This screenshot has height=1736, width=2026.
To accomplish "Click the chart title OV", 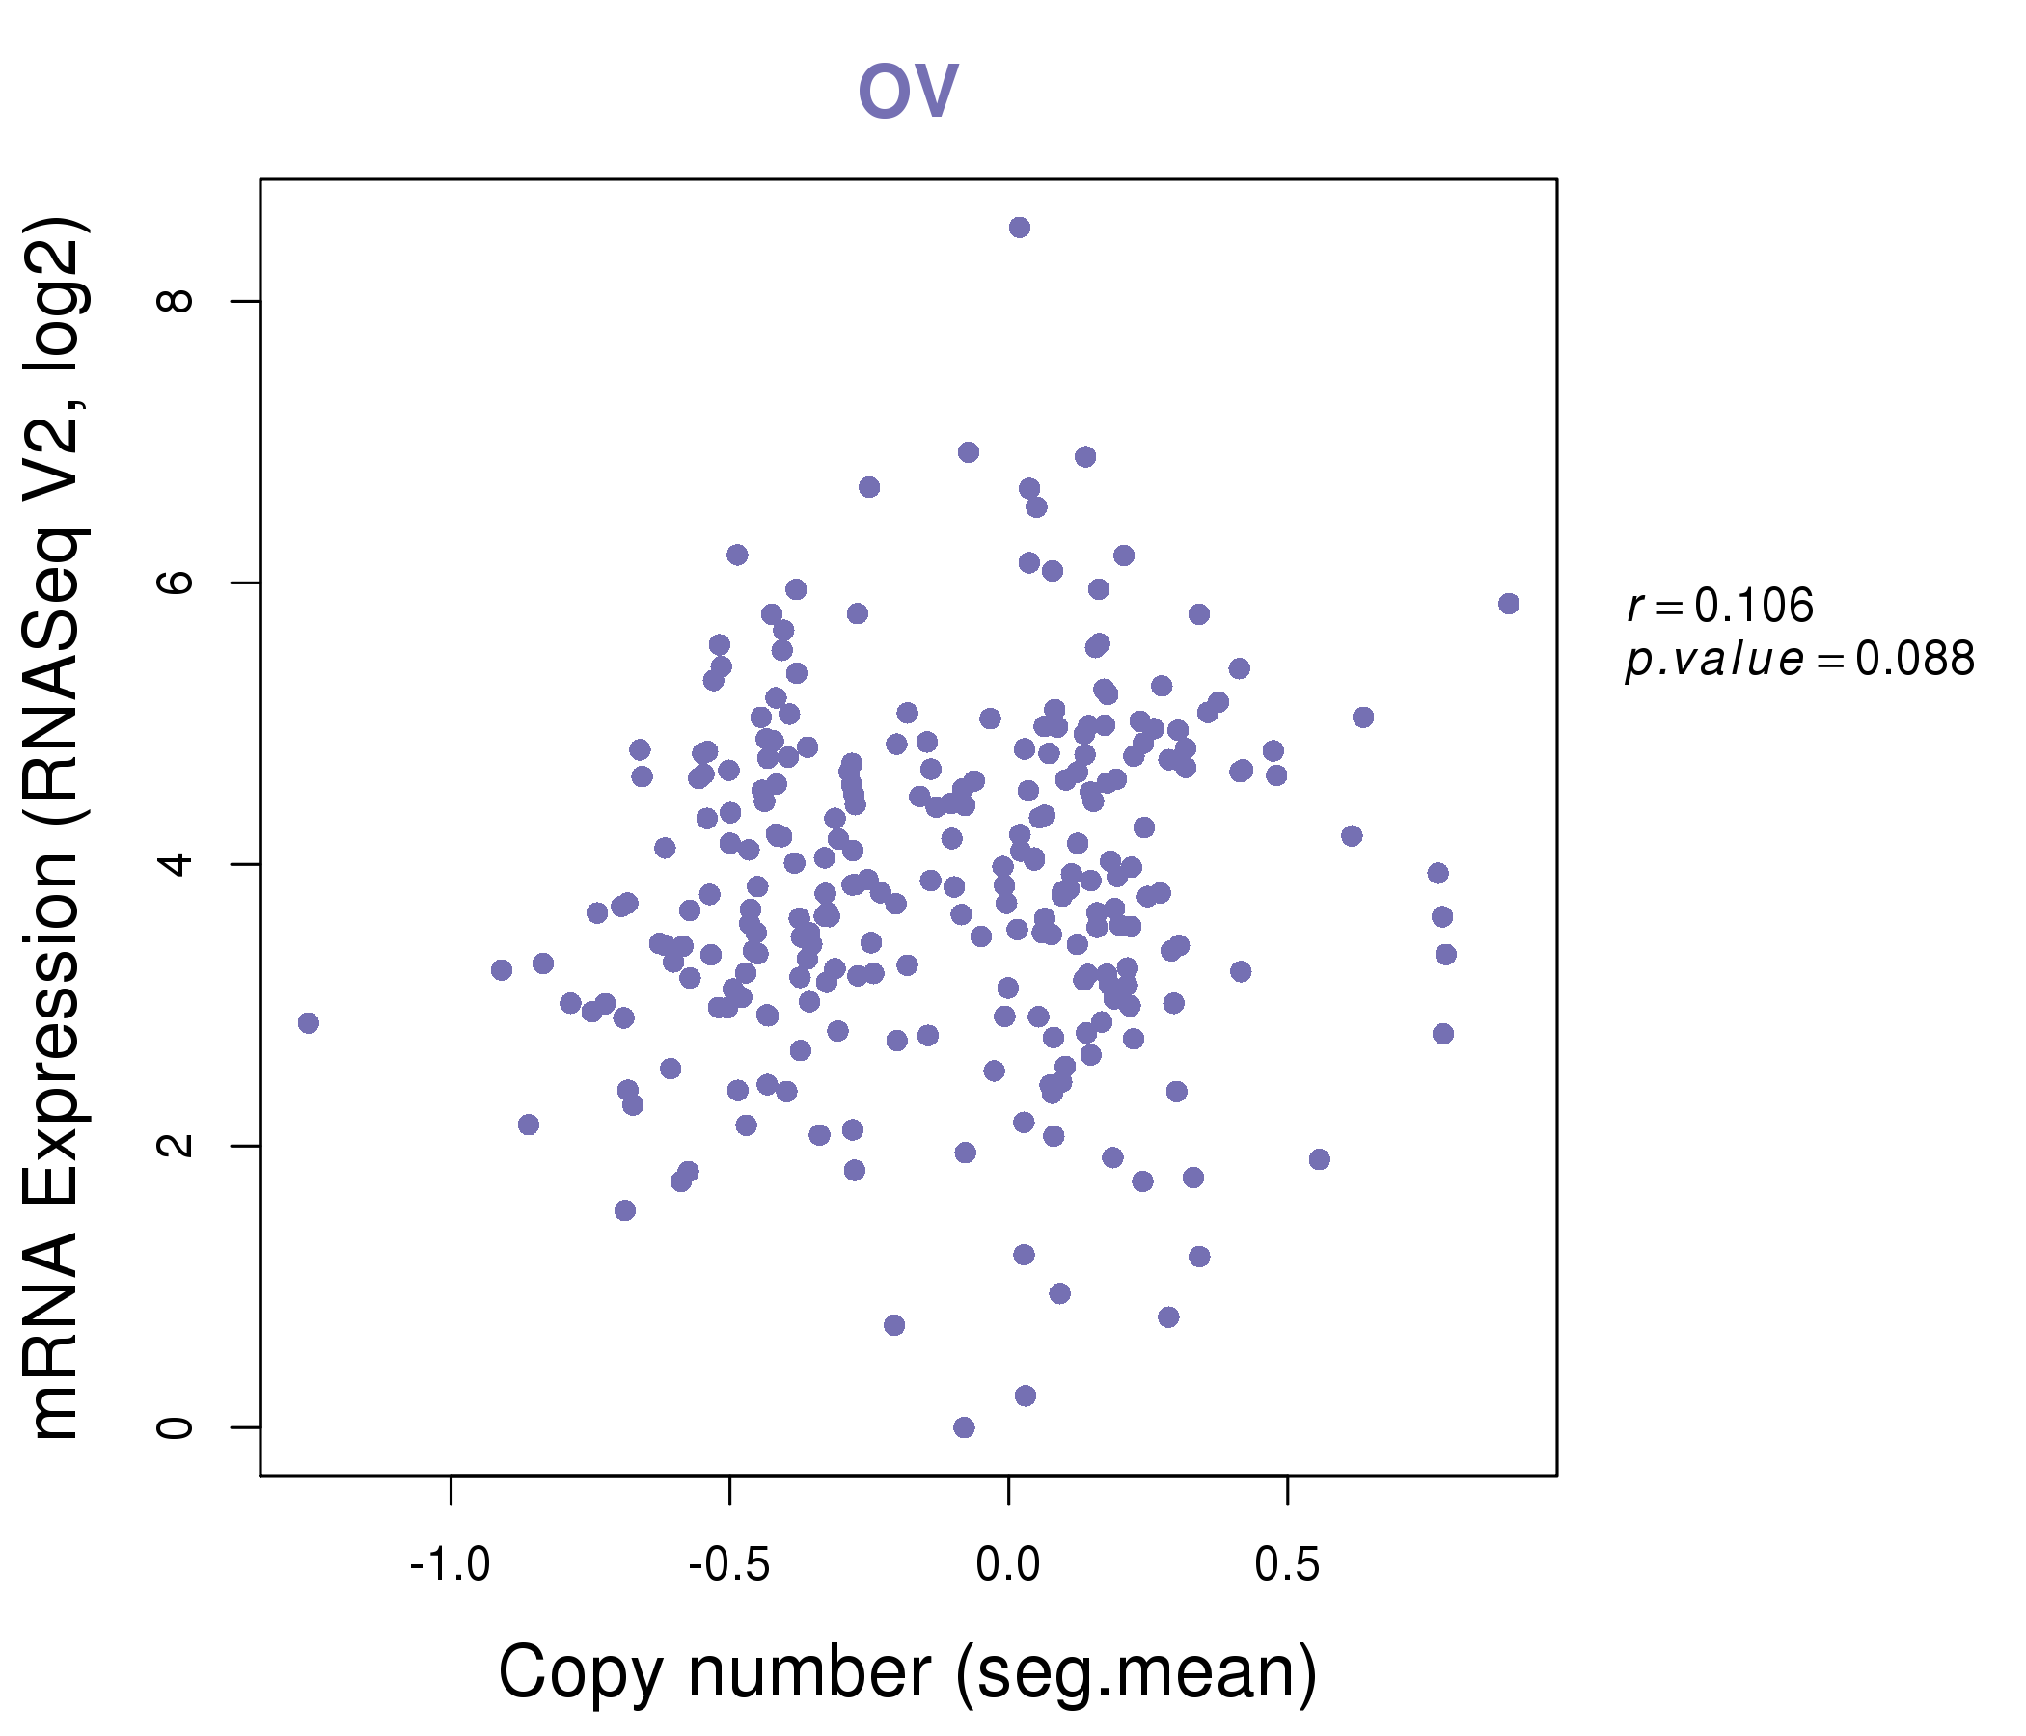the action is tap(908, 91).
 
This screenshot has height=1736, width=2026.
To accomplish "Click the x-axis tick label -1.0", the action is tap(450, 1565).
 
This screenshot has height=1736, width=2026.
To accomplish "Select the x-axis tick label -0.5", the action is tap(729, 1565).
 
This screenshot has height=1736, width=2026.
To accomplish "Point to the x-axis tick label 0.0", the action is tap(1008, 1565).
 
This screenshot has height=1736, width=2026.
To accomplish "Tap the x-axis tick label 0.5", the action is tap(1288, 1565).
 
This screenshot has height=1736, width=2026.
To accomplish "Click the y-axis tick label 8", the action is tap(176, 300).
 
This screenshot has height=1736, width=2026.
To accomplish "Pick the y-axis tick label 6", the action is tap(176, 582).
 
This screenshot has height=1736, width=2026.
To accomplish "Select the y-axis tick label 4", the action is tap(176, 864).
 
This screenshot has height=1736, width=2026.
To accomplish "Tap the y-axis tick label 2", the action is tap(176, 1146).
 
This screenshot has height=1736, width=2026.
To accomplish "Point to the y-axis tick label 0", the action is tap(176, 1427).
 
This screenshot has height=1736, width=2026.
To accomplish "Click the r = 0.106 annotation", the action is tap(1720, 605).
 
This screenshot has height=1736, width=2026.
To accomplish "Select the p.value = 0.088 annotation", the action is tap(1800, 660).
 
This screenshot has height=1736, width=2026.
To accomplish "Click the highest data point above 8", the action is tap(1019, 228).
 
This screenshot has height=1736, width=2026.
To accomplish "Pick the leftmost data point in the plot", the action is tap(308, 1023).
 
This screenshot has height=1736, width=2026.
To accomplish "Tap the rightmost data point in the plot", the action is tap(1509, 604).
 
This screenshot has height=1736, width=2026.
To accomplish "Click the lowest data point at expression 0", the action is tap(963, 1427).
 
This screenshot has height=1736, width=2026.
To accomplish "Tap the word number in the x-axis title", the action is tap(809, 1672).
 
